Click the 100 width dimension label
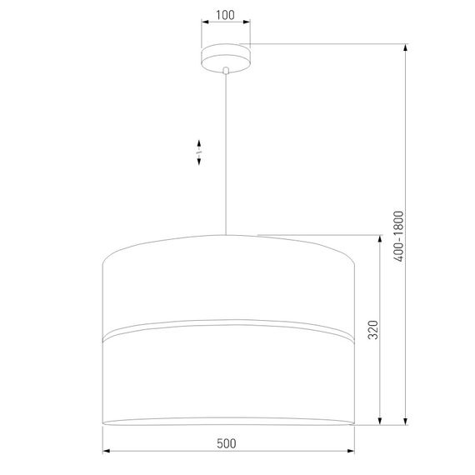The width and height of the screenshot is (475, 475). tap(225, 16)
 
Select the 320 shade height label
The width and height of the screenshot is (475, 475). tap(372, 330)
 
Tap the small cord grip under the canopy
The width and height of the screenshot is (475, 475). tap(226, 72)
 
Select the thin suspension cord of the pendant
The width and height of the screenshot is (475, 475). tap(226, 150)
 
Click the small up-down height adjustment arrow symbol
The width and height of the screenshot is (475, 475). tap(198, 153)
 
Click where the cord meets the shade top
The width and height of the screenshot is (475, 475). tap(226, 234)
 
